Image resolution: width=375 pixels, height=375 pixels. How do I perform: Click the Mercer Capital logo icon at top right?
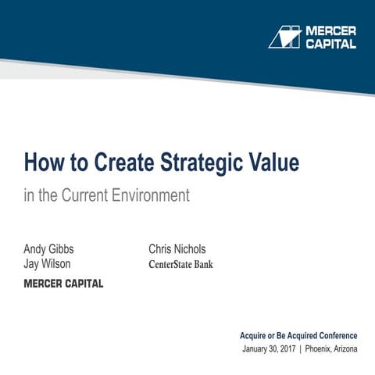click(x=284, y=37)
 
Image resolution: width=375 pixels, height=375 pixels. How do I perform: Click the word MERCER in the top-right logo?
click(x=330, y=30)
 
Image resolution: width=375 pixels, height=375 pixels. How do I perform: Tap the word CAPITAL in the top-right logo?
click(x=330, y=44)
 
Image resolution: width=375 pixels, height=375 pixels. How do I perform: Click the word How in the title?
click(x=41, y=163)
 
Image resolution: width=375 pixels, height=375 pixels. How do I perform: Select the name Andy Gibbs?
click(x=48, y=249)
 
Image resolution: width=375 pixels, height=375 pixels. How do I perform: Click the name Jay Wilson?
click(x=47, y=264)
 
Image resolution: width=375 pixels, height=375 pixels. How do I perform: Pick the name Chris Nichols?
click(x=177, y=249)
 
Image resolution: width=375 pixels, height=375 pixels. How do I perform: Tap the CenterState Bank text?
click(x=180, y=264)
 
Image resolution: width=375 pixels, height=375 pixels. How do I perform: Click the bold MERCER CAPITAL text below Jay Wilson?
click(x=63, y=284)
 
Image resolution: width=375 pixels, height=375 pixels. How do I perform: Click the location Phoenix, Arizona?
click(x=331, y=348)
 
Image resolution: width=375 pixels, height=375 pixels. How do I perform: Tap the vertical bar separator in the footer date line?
click(x=301, y=348)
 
